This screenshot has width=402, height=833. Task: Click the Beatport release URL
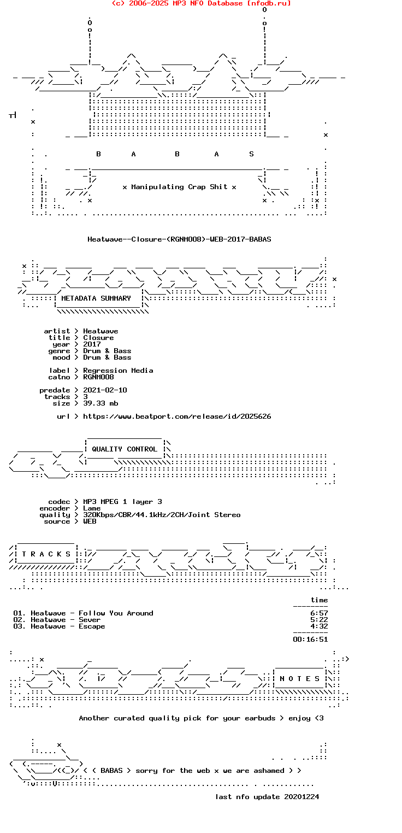[x=177, y=416]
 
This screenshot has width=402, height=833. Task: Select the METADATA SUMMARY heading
[x=96, y=298]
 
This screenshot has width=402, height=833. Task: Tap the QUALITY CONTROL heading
[x=125, y=449]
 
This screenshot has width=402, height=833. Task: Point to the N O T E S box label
[x=299, y=679]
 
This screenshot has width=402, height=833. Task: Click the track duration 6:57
[x=319, y=613]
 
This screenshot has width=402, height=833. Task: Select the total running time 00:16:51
[x=310, y=640]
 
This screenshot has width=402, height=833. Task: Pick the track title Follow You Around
[x=116, y=613]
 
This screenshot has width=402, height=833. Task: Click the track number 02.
[x=19, y=620]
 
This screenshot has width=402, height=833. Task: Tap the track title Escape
[x=92, y=626]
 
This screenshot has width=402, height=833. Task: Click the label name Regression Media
[x=118, y=371]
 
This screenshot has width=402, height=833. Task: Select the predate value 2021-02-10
[x=105, y=390]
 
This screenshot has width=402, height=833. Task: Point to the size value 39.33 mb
[x=100, y=403]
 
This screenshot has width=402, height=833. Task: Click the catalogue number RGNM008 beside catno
[x=98, y=377]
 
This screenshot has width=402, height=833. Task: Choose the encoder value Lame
[x=92, y=508]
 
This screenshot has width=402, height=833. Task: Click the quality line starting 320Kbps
[x=162, y=515]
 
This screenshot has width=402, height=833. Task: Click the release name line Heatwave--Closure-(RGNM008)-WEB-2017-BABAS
[x=179, y=239]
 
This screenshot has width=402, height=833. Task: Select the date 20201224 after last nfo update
[x=301, y=797]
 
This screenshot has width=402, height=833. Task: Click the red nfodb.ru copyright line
[x=201, y=3]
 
